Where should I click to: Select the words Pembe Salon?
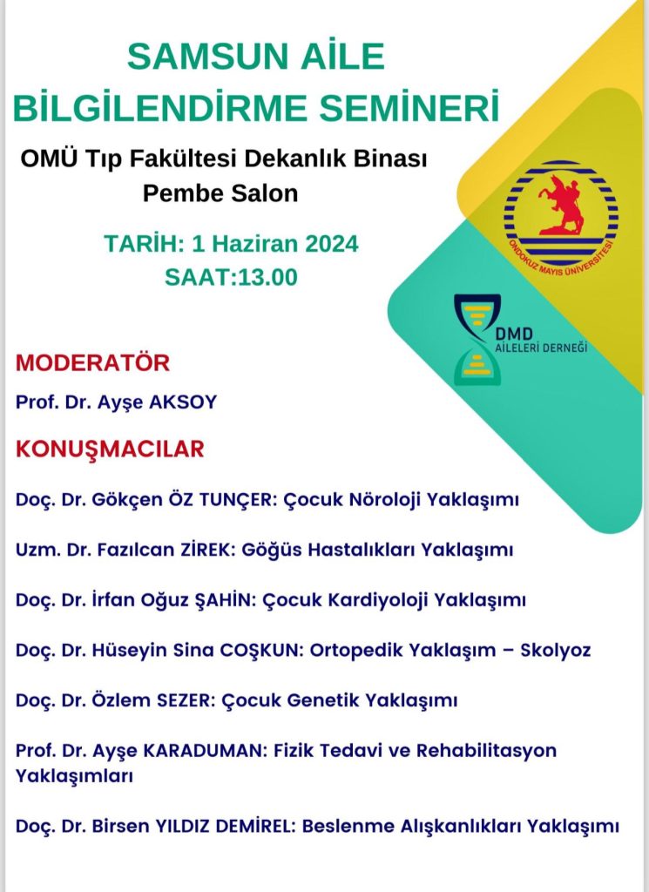(x=220, y=193)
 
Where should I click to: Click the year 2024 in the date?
(x=329, y=244)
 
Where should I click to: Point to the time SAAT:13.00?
(x=231, y=277)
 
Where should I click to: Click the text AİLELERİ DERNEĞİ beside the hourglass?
(x=553, y=348)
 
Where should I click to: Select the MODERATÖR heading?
(x=93, y=362)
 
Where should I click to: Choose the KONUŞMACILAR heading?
(x=111, y=449)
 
